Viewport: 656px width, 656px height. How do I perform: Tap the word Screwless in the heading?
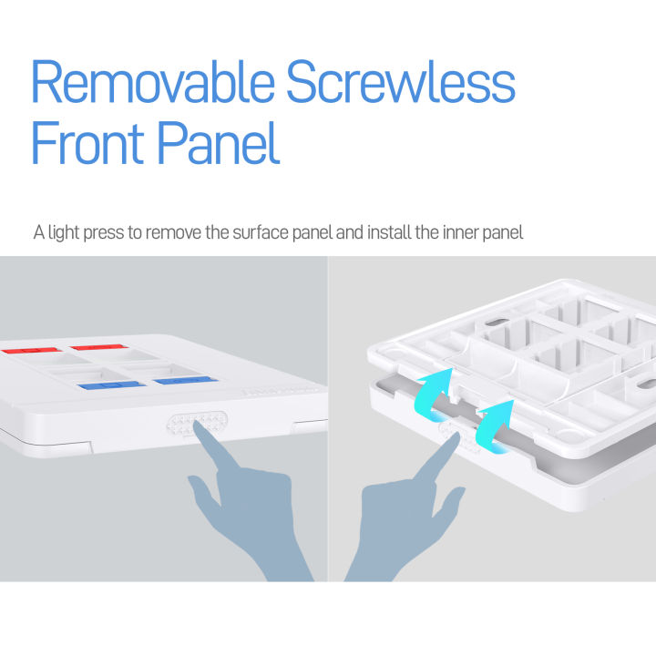point(401,84)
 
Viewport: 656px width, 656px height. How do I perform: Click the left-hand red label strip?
point(30,350)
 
